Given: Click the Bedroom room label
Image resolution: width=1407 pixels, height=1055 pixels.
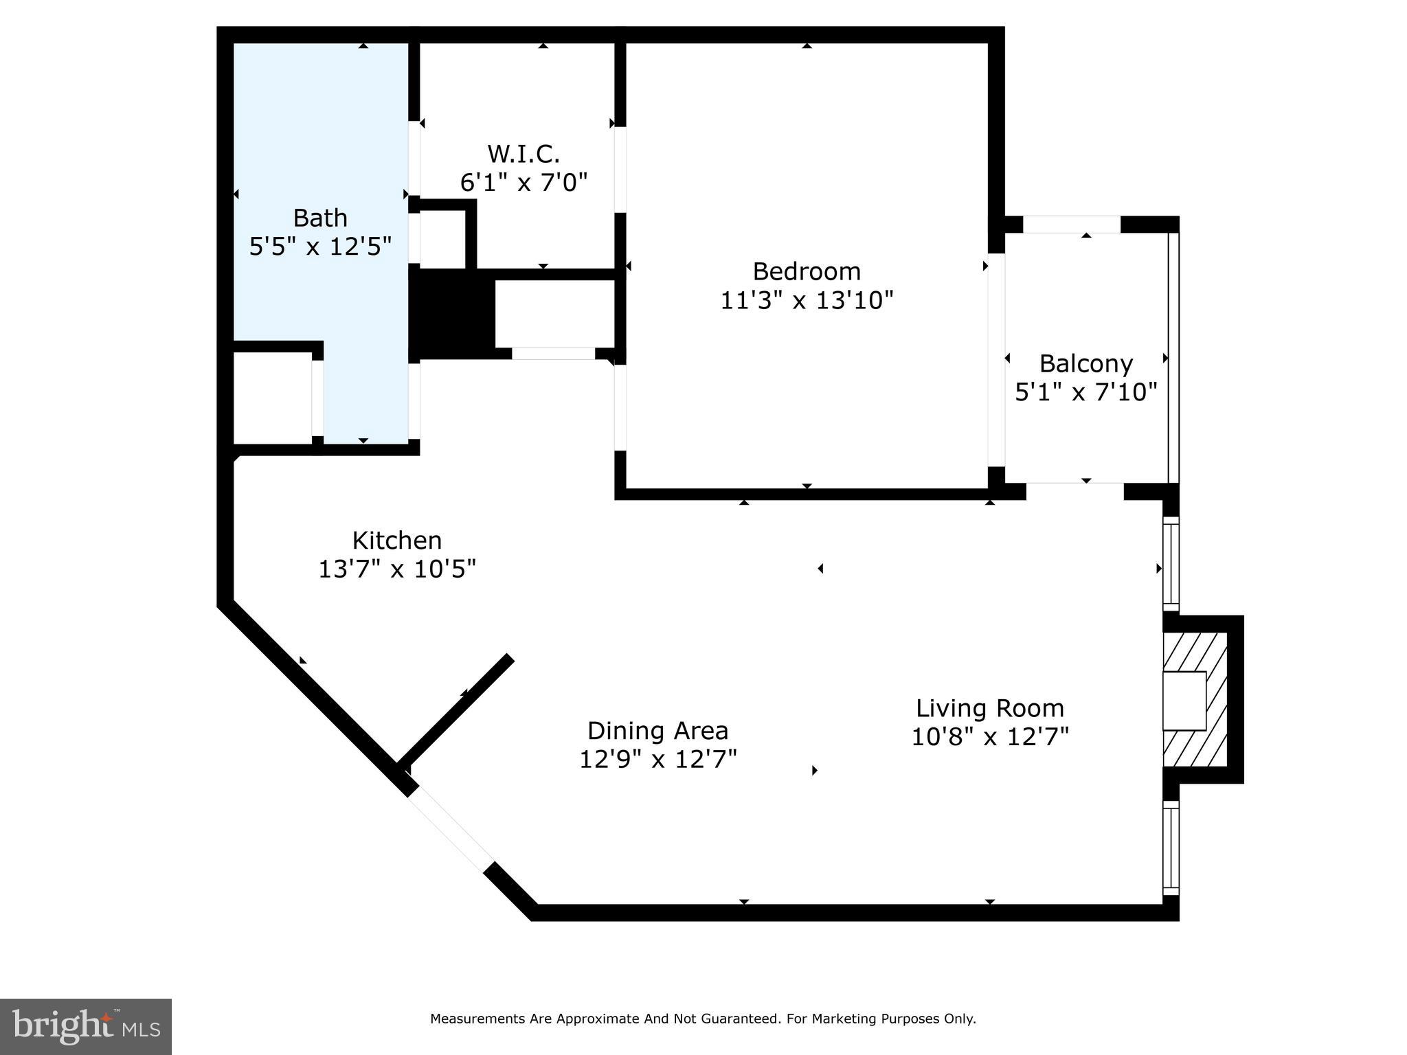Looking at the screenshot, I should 806,271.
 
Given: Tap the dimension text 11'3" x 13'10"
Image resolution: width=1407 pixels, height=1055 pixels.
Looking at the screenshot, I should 806,301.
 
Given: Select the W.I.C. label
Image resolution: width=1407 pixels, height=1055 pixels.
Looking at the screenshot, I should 524,153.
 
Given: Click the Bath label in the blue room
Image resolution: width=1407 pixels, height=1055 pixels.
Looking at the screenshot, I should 320,218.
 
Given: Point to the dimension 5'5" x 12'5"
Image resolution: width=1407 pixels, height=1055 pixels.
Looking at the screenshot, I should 320,247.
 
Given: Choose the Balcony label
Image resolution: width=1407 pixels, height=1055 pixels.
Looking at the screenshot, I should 1085,363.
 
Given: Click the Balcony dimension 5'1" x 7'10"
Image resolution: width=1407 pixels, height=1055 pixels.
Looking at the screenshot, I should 1085,392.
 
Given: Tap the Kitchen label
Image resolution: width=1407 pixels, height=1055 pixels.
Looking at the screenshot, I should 396,541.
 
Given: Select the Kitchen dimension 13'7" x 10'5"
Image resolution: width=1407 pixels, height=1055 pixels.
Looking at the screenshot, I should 396,569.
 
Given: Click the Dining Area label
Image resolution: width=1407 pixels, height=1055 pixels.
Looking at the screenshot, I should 657,730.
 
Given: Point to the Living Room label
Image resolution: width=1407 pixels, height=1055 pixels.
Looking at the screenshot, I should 989,708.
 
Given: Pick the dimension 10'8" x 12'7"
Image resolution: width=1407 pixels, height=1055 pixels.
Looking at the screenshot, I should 989,737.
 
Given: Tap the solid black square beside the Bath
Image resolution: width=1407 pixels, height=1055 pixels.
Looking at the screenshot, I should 452,313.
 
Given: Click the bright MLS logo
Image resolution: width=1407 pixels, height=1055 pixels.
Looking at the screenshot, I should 85,1026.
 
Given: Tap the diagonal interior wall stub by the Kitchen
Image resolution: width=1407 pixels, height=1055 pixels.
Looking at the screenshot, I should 455,710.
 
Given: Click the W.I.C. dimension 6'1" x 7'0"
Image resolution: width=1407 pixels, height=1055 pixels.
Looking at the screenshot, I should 524,183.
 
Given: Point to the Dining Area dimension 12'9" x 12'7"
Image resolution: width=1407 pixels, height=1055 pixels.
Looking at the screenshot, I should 657,760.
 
